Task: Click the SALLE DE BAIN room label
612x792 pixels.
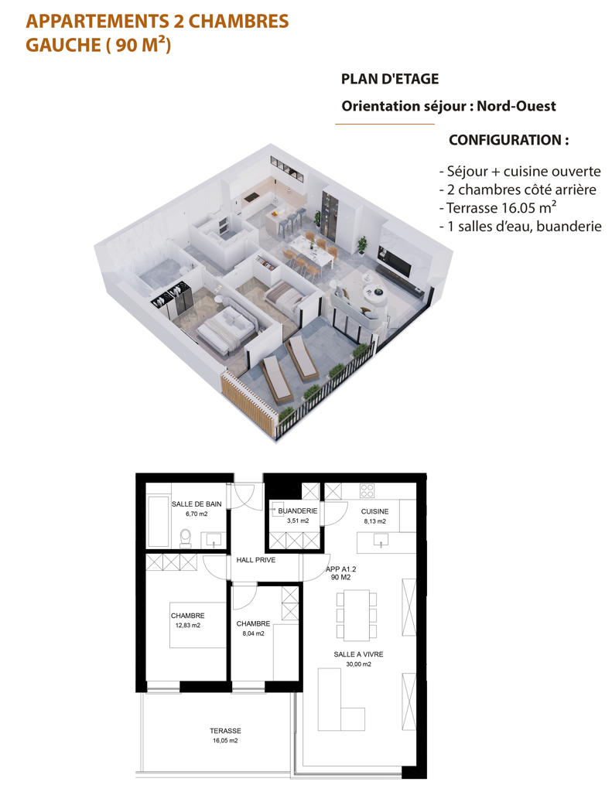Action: [x=197, y=504]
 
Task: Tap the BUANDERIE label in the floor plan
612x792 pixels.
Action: [x=298, y=511]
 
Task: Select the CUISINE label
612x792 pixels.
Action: [x=374, y=512]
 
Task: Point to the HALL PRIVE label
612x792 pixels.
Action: [x=256, y=560]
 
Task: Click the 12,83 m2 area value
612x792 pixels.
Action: [x=188, y=625]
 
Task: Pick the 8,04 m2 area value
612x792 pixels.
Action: [x=253, y=633]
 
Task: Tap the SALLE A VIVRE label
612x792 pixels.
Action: [x=358, y=654]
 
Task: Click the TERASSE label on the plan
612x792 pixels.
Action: [x=225, y=731]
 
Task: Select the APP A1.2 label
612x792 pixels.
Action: [x=340, y=569]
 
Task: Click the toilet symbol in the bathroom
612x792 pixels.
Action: [x=186, y=538]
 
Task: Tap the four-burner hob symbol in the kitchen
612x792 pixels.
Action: [x=367, y=490]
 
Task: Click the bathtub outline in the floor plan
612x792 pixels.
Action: [x=158, y=521]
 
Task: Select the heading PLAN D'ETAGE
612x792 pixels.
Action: [x=390, y=80]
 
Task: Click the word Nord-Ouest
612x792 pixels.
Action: [x=517, y=106]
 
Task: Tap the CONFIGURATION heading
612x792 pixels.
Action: [x=509, y=140]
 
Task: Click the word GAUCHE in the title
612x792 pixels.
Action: [x=63, y=46]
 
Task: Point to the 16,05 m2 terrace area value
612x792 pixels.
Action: [x=225, y=741]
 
